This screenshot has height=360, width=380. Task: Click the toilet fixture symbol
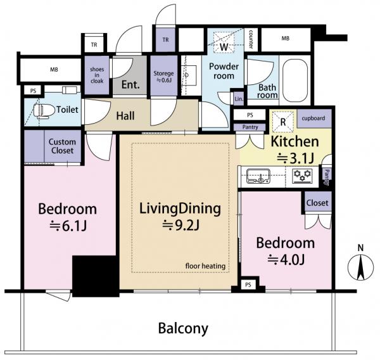[44, 112]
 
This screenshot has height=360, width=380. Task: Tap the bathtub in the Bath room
[295, 80]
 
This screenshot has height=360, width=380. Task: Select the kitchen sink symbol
[258, 176]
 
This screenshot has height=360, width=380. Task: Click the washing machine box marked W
[224, 42]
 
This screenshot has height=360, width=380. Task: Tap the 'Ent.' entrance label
[130, 84]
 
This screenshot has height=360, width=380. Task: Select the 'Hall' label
[125, 116]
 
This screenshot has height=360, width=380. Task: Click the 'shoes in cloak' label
[97, 75]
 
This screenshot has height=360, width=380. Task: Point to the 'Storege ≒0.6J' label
[163, 77]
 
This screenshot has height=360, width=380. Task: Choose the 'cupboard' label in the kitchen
[313, 118]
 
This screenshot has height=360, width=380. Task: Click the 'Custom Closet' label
[62, 146]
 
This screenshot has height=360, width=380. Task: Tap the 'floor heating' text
[205, 266]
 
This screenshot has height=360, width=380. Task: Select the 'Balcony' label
[183, 328]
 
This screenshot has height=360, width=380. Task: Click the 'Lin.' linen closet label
[239, 99]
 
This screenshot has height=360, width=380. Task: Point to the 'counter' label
[251, 39]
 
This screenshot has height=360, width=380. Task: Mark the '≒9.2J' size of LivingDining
[180, 226]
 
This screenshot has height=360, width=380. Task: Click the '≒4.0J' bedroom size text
[286, 260]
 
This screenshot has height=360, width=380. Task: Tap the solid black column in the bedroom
[96, 276]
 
